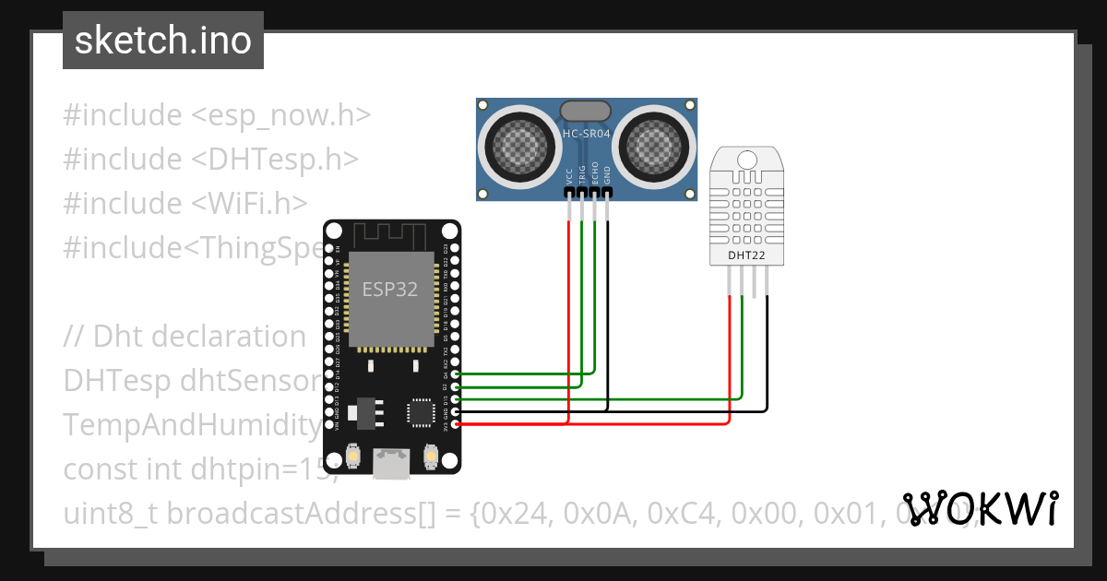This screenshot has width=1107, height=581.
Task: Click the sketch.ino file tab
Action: [x=162, y=41]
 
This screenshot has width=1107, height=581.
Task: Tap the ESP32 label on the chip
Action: [x=389, y=289]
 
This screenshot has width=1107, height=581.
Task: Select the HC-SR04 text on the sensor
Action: [x=587, y=134]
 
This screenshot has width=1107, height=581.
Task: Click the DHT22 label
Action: [x=745, y=255]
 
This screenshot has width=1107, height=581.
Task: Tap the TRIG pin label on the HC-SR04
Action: [x=582, y=175]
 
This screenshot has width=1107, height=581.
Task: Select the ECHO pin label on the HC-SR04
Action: [x=595, y=175]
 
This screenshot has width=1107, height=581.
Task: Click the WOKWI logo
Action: [x=980, y=508]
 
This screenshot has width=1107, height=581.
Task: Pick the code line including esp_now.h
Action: [x=217, y=115]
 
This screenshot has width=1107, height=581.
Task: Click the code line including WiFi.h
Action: [x=185, y=203]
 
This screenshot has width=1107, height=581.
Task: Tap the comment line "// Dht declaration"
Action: [x=184, y=336]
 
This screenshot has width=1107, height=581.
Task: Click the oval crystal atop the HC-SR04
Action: [x=586, y=111]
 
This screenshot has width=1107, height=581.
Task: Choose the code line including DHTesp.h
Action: [x=210, y=159]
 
